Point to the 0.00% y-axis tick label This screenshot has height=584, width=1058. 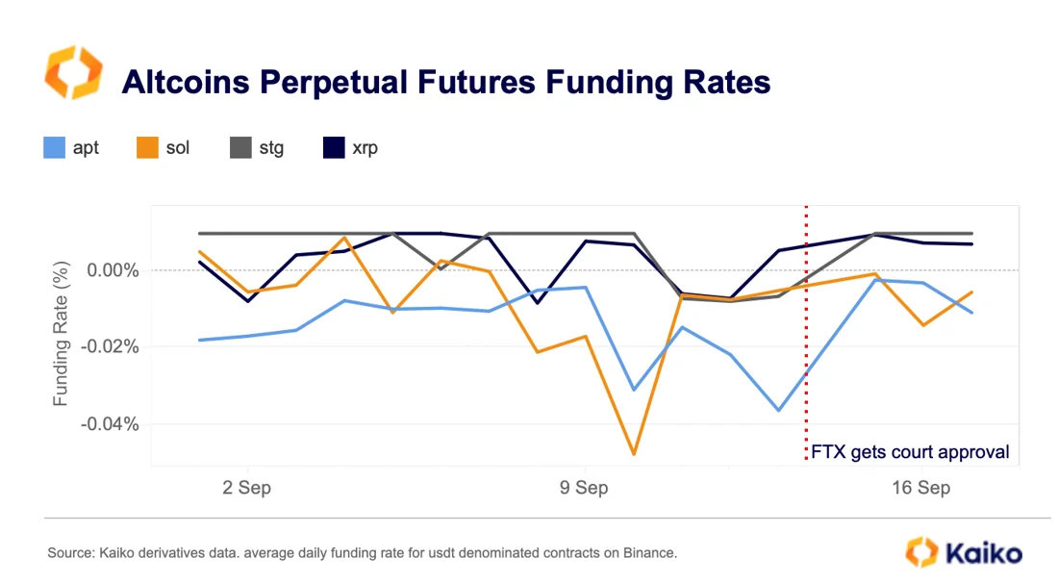(x=113, y=270)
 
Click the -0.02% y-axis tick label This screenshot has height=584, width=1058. (x=110, y=346)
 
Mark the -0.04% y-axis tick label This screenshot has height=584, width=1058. (x=110, y=424)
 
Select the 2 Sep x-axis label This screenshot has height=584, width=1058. (x=246, y=488)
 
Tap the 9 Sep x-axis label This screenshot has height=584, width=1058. (x=583, y=488)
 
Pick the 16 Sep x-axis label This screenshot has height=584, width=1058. (x=920, y=488)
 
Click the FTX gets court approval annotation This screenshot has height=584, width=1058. (x=910, y=451)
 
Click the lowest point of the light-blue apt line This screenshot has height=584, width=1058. (x=779, y=411)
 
